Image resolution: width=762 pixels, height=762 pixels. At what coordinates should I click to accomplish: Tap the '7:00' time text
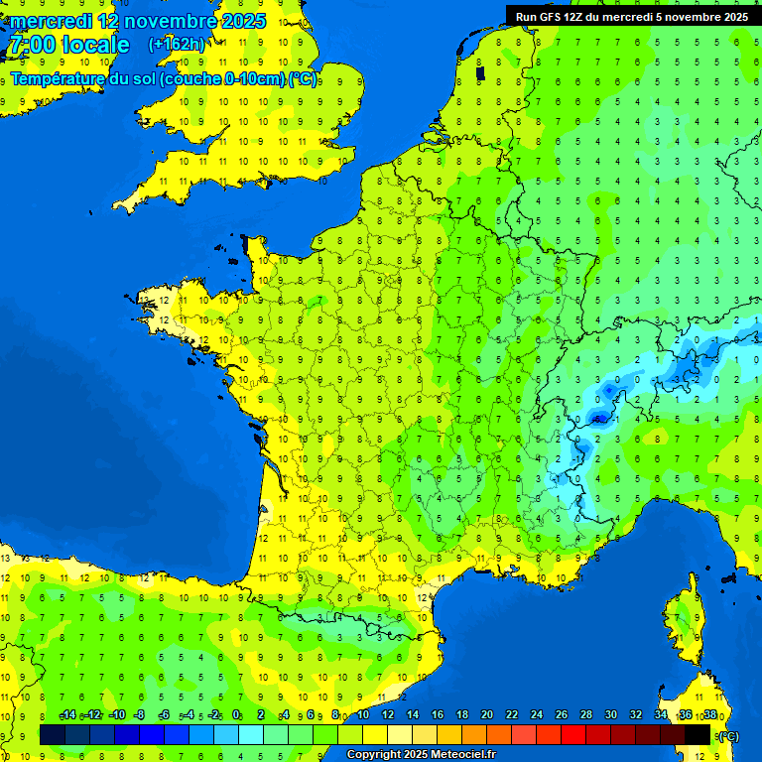click(33, 45)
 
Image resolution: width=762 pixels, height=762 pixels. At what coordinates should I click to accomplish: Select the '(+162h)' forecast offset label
click(177, 45)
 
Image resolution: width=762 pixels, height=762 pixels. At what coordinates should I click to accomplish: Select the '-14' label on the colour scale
click(67, 715)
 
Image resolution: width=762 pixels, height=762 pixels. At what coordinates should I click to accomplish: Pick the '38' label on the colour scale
click(710, 715)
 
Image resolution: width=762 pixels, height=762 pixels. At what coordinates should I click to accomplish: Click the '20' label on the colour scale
click(487, 715)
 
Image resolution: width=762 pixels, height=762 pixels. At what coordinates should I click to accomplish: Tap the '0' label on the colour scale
click(236, 715)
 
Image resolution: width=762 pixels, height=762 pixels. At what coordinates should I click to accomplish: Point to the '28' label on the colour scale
click(586, 715)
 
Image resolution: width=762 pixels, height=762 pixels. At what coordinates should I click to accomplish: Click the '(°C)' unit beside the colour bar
click(727, 736)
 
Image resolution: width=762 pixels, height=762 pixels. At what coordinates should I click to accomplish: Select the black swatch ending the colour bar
click(698, 734)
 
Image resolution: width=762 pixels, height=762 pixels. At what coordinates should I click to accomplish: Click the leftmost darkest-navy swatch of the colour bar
click(53, 734)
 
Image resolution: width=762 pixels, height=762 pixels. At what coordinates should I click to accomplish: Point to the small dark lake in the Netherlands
click(480, 72)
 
